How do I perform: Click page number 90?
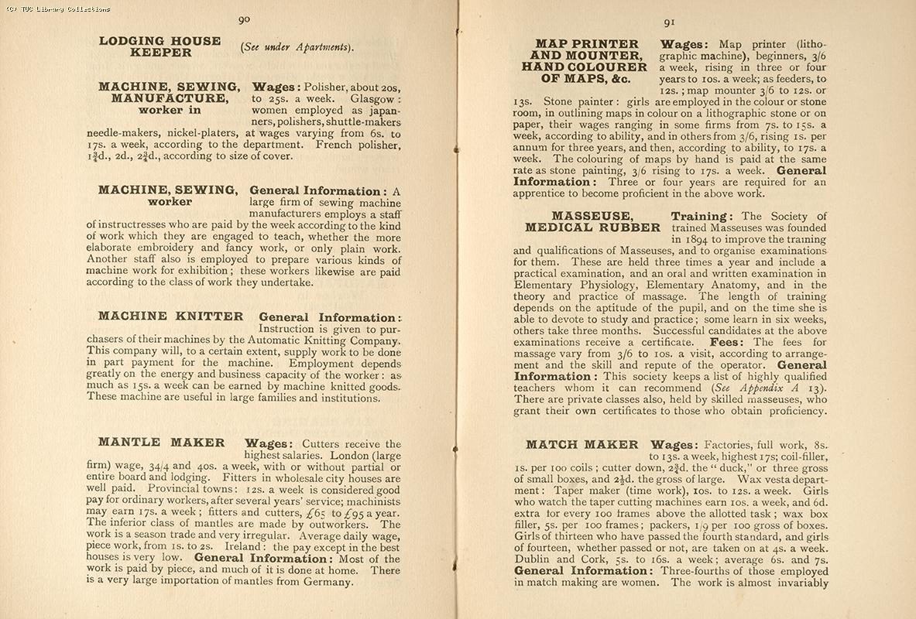pyautogui.click(x=244, y=19)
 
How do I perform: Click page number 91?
pyautogui.click(x=669, y=22)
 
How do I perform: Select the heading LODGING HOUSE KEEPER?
pyautogui.click(x=160, y=46)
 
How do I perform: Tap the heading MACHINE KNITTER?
pyautogui.click(x=170, y=316)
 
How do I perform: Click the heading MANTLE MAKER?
pyautogui.click(x=161, y=443)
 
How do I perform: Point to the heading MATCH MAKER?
pyautogui.click(x=582, y=445)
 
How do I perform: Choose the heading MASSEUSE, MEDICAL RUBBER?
pyautogui.click(x=592, y=222)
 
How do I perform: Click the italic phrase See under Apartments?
pyautogui.click(x=297, y=47)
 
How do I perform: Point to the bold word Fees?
pyautogui.click(x=728, y=342)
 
